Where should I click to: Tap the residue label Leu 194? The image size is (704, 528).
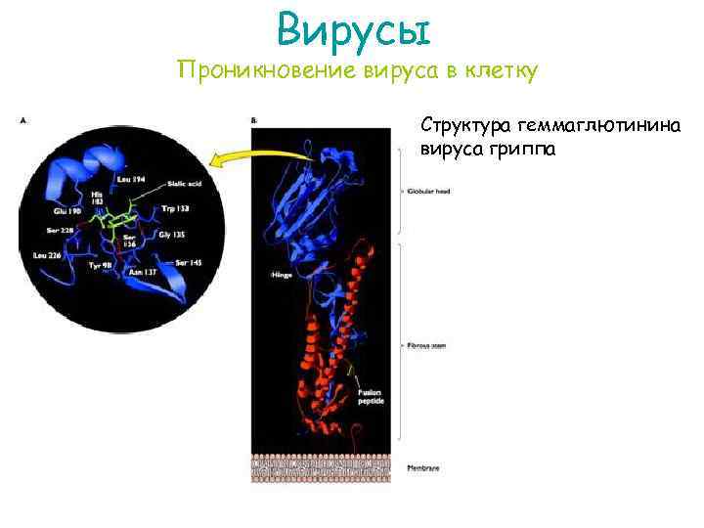pos(130,179)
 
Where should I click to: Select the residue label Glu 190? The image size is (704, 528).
pos(67,210)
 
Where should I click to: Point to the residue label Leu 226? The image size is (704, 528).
pos(47,255)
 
